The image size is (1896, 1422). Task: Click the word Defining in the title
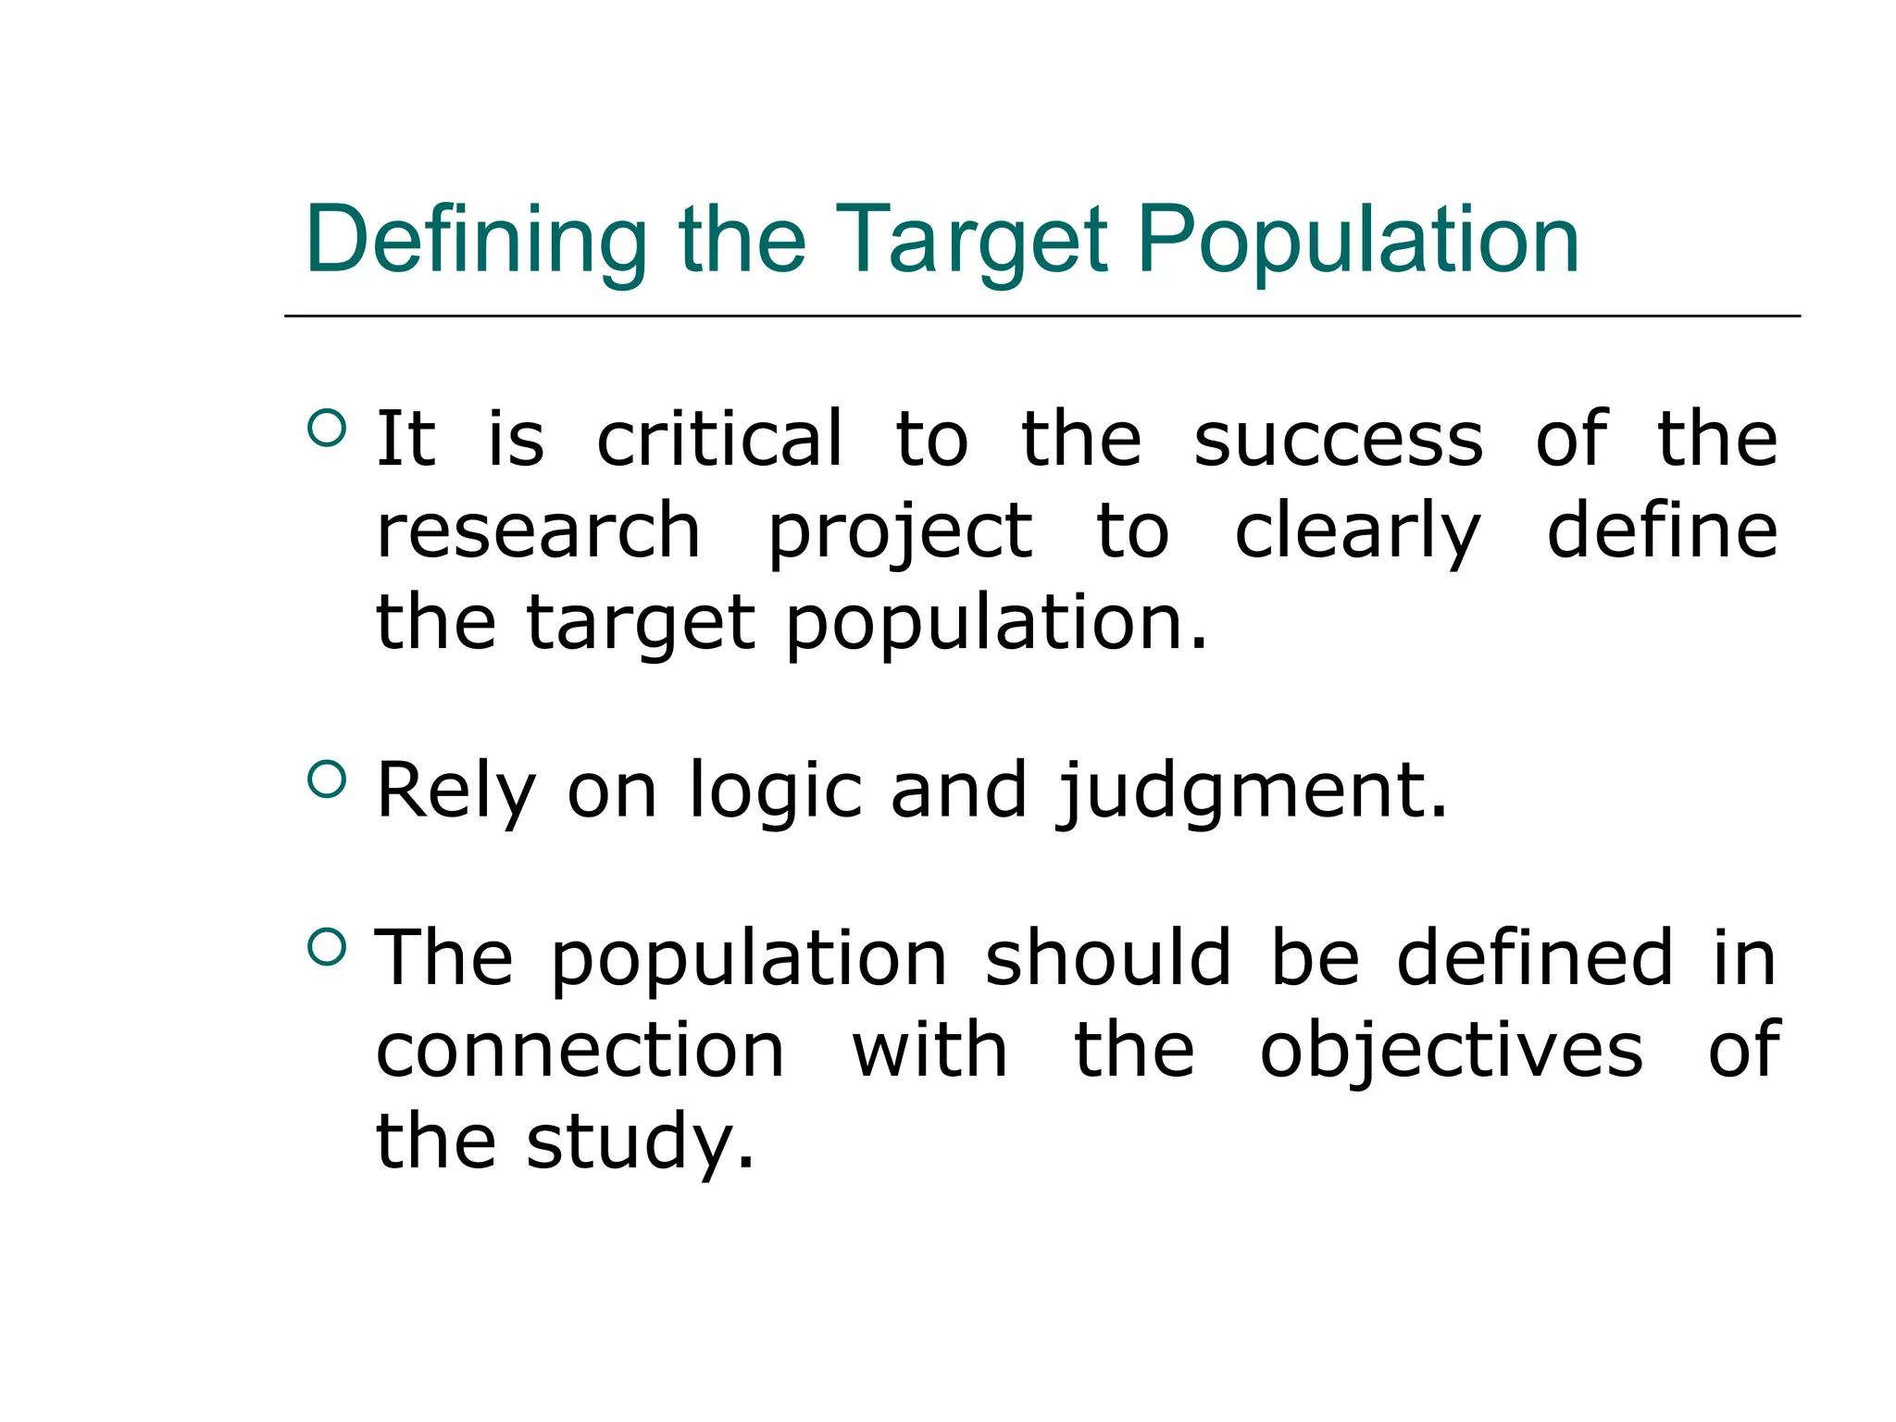click(476, 241)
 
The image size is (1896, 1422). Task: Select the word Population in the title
click(1358, 241)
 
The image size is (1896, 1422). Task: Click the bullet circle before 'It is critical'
click(326, 428)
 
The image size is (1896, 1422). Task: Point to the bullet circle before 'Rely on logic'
click(326, 779)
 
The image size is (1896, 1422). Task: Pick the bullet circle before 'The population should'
click(326, 946)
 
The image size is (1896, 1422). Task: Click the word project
click(900, 533)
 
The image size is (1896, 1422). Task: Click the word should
click(1108, 958)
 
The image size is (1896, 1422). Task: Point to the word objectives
click(1452, 1053)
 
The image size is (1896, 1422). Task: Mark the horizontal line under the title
click(1042, 316)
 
